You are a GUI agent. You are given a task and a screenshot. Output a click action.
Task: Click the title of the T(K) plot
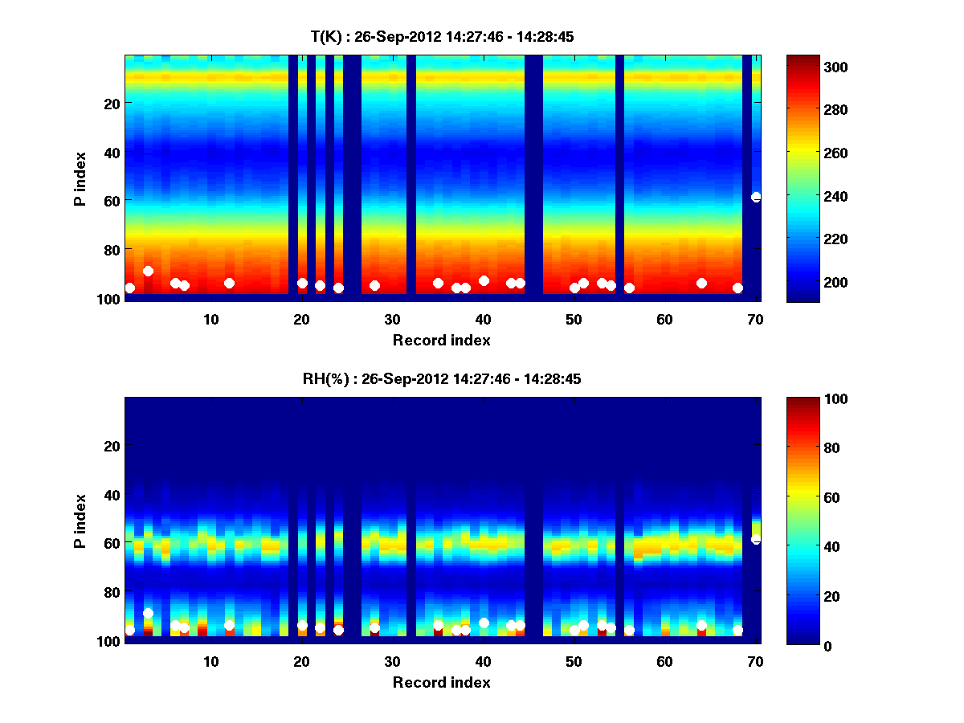[442, 37]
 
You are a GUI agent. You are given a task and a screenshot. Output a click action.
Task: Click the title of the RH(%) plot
[442, 379]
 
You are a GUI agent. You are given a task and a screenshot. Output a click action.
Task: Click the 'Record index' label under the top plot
[442, 340]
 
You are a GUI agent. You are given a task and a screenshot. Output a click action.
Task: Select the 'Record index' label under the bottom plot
[442, 682]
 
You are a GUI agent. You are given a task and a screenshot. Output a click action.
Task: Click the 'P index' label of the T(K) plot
[80, 178]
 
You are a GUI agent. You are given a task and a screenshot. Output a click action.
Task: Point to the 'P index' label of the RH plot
[80, 521]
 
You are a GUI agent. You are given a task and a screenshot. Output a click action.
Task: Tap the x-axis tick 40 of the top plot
[484, 318]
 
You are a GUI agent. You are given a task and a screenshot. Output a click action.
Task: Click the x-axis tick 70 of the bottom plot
[755, 660]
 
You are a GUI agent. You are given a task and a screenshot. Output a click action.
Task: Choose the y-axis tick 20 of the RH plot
[112, 446]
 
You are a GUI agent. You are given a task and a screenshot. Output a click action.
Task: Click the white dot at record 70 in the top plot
[756, 197]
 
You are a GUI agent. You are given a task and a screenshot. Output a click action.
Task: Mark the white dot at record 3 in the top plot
[148, 271]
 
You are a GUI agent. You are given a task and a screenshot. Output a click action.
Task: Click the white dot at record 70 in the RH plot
[756, 539]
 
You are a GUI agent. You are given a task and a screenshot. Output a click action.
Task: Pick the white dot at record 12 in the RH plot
[229, 625]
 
